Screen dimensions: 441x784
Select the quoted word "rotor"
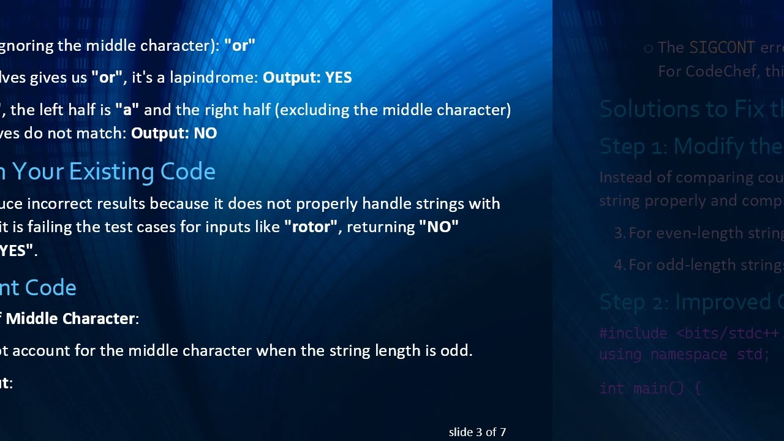click(x=311, y=227)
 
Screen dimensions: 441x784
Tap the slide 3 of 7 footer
click(x=477, y=432)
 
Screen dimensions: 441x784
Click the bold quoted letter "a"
click(x=127, y=110)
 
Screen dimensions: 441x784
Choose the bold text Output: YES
click(x=307, y=78)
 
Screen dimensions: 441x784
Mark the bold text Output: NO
click(x=174, y=134)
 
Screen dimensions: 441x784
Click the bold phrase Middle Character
click(x=70, y=318)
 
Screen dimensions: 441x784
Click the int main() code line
click(x=650, y=388)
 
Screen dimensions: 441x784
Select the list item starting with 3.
click(x=698, y=233)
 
